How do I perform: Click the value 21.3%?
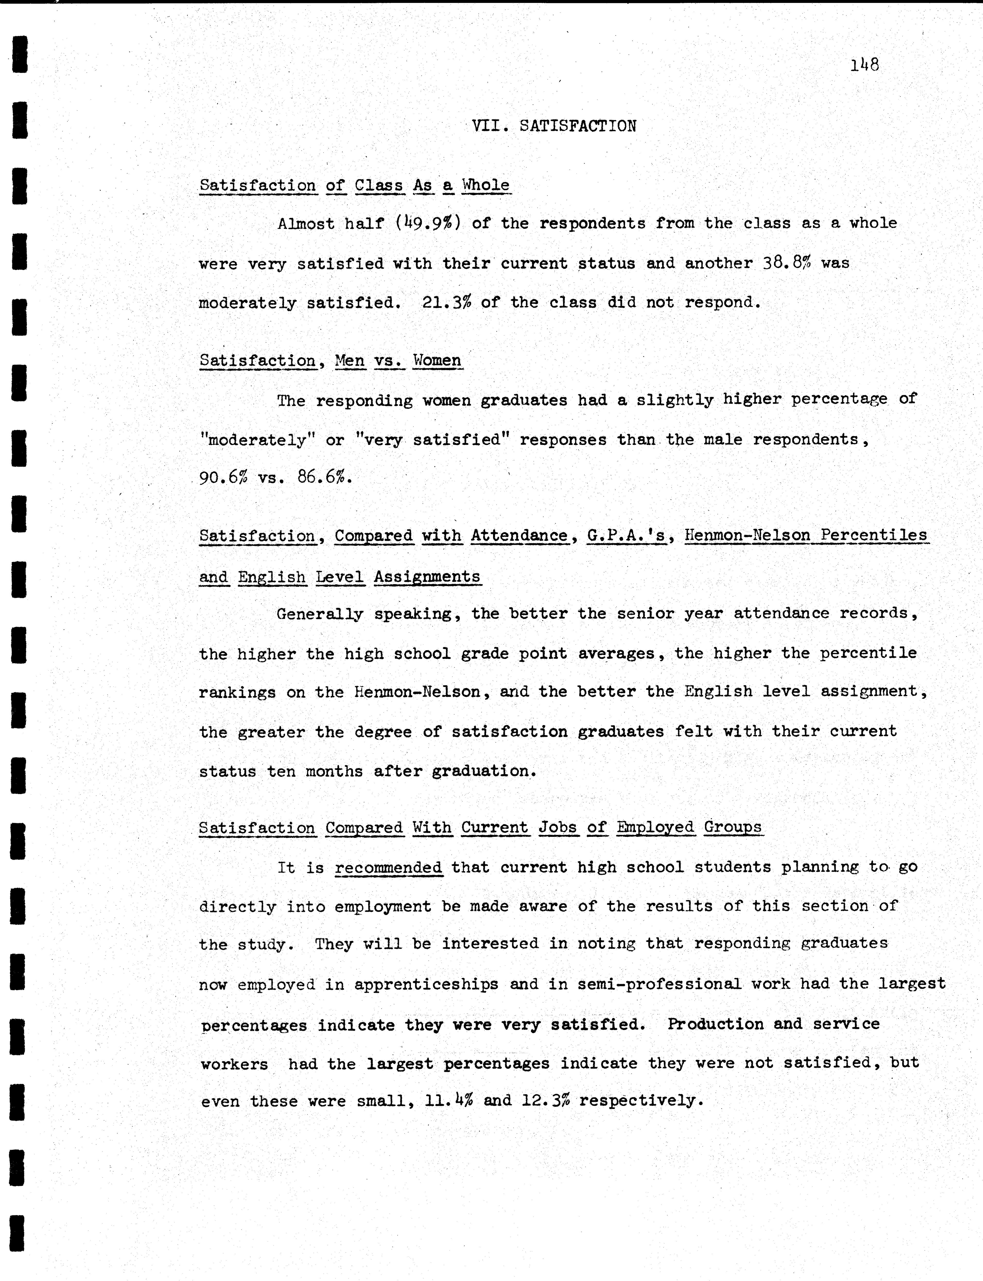click(x=446, y=303)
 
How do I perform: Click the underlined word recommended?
click(x=388, y=867)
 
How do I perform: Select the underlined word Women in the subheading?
click(x=437, y=360)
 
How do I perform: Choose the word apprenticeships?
click(x=426, y=984)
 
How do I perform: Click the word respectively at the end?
click(x=640, y=1101)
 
